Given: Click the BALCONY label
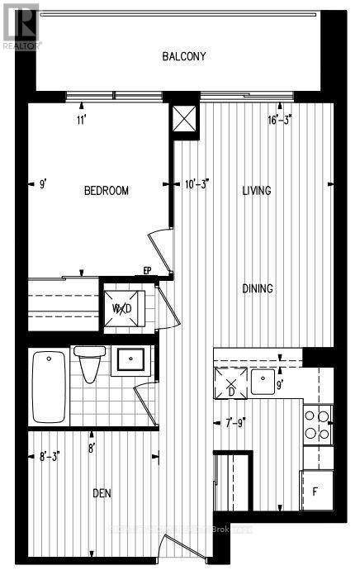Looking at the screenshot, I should coord(183,57).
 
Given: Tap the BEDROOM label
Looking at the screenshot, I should coord(107,191).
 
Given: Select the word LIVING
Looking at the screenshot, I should coord(257,191).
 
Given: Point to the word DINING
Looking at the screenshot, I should coord(258,289).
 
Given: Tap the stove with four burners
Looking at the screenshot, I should coord(318,423).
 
